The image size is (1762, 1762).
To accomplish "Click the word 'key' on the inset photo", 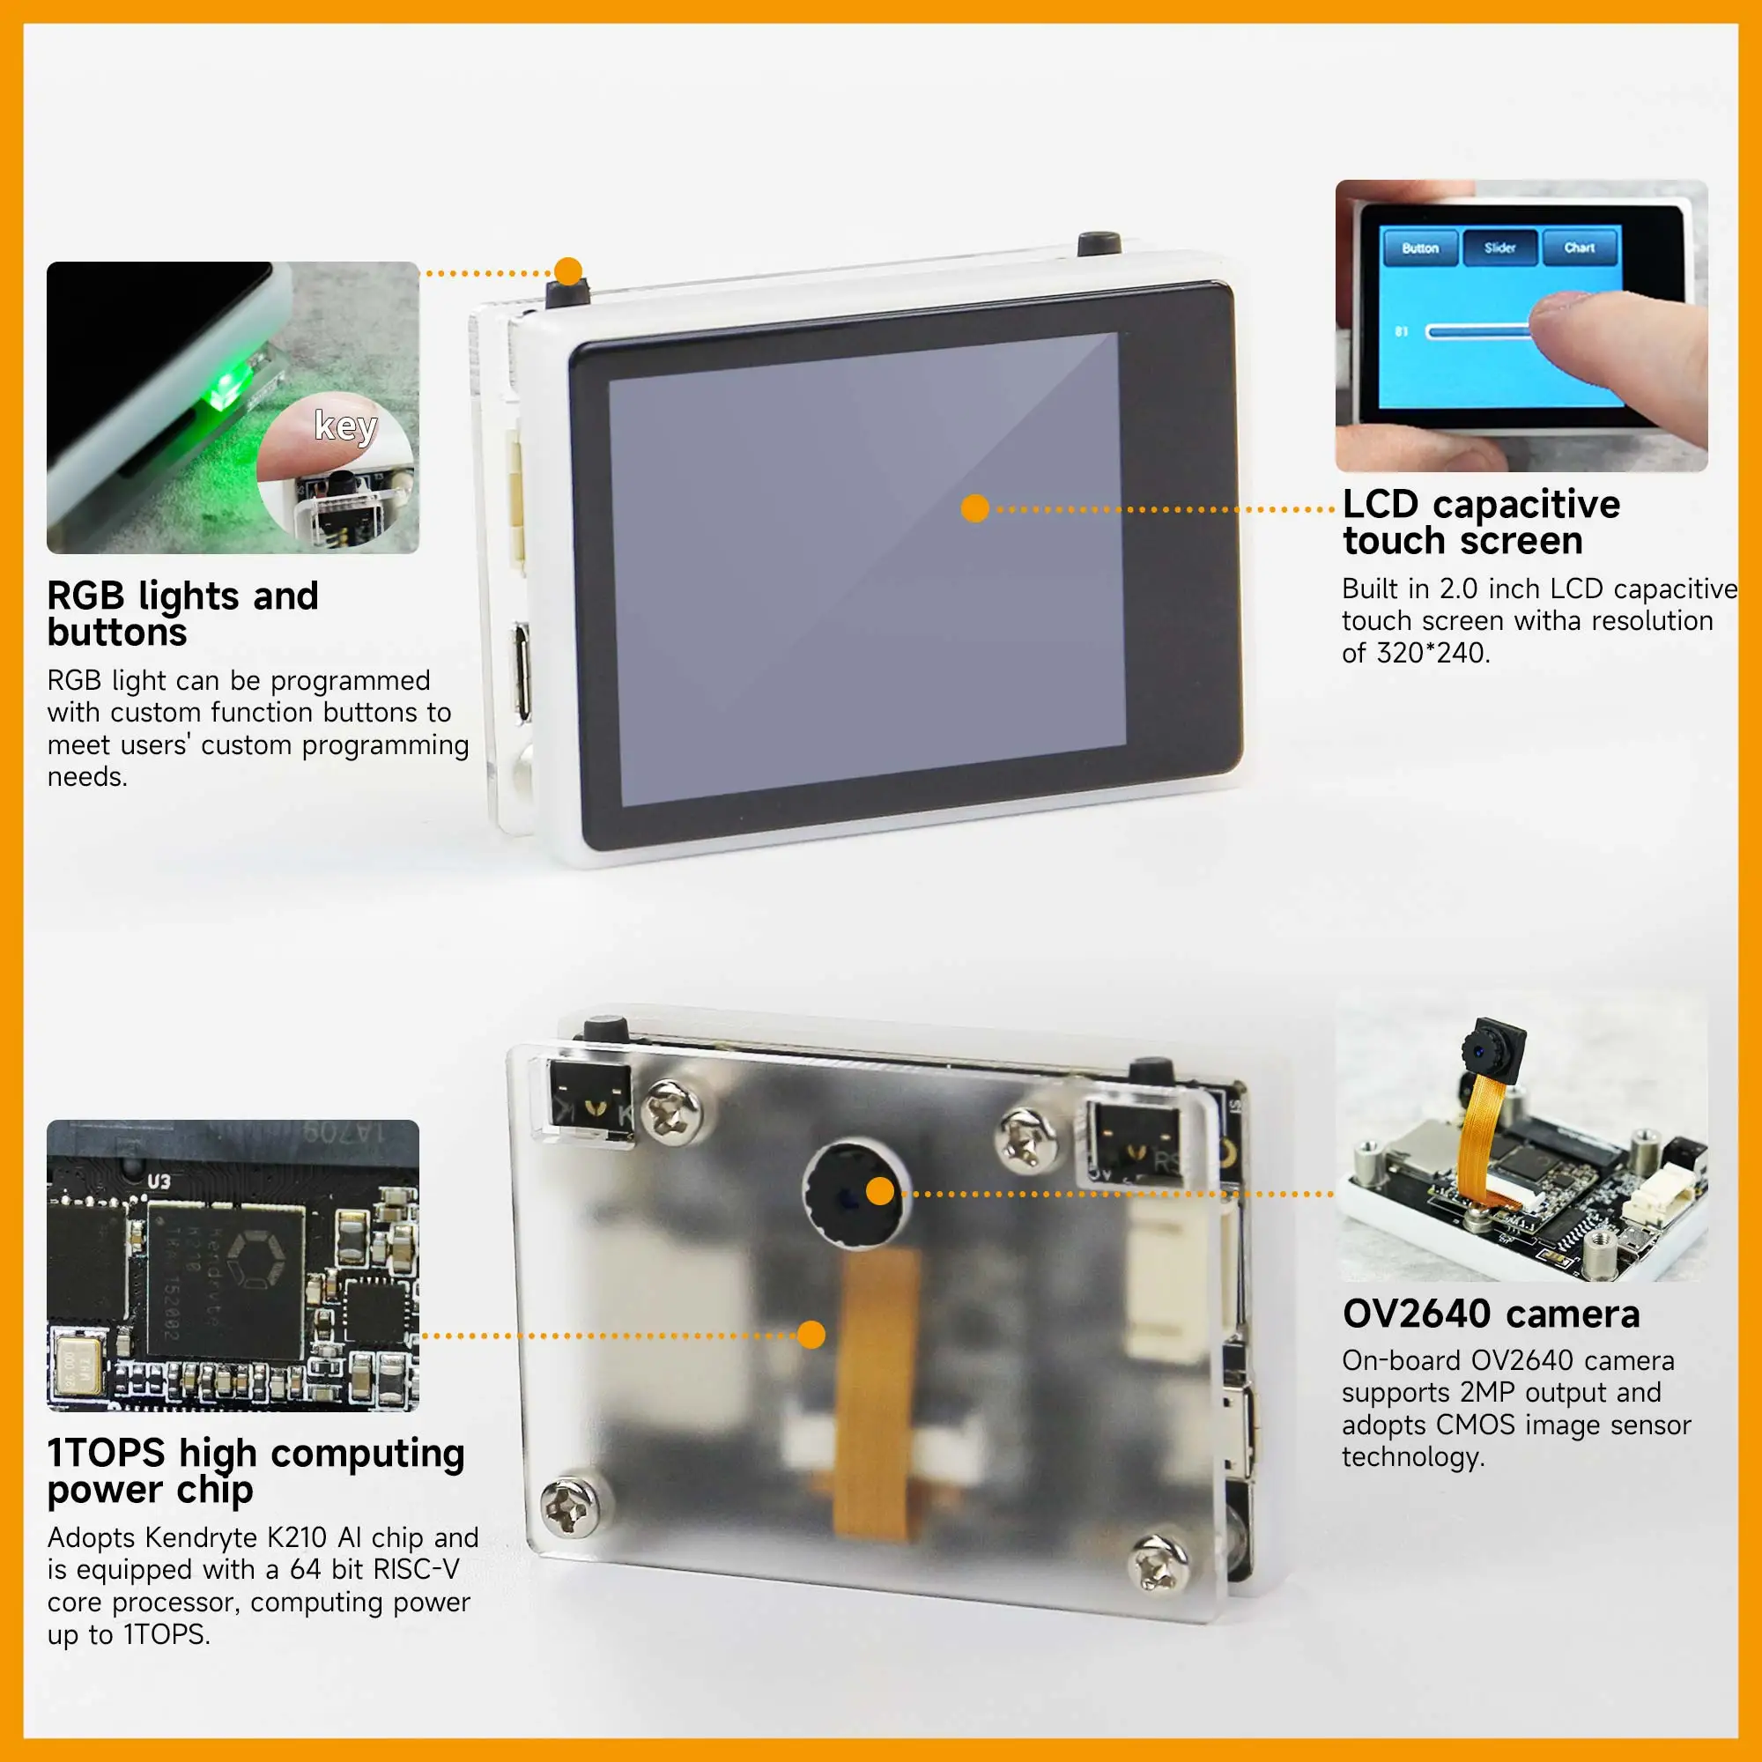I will pyautogui.click(x=345, y=425).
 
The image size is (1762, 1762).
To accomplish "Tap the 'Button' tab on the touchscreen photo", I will pyautogui.click(x=1419, y=248).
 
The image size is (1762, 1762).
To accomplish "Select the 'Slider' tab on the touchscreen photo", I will pyautogui.click(x=1499, y=248).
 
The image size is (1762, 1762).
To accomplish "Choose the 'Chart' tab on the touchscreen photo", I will pyautogui.click(x=1579, y=248).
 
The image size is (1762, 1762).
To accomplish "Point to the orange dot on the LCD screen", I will pyautogui.click(x=975, y=509).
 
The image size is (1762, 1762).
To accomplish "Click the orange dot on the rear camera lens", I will pyautogui.click(x=880, y=1191).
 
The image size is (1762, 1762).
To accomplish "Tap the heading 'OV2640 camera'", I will pyautogui.click(x=1491, y=1314).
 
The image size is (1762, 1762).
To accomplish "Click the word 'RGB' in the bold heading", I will pyautogui.click(x=85, y=596).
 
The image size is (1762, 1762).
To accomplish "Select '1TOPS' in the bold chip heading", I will pyautogui.click(x=106, y=1454).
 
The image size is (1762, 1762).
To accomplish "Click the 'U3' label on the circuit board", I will pyautogui.click(x=159, y=1181).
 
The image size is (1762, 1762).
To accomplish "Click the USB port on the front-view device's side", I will pyautogui.click(x=521, y=671).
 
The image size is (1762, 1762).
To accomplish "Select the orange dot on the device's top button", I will pyautogui.click(x=568, y=270).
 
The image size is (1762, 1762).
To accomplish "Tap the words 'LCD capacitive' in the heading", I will pyautogui.click(x=1481, y=504).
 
